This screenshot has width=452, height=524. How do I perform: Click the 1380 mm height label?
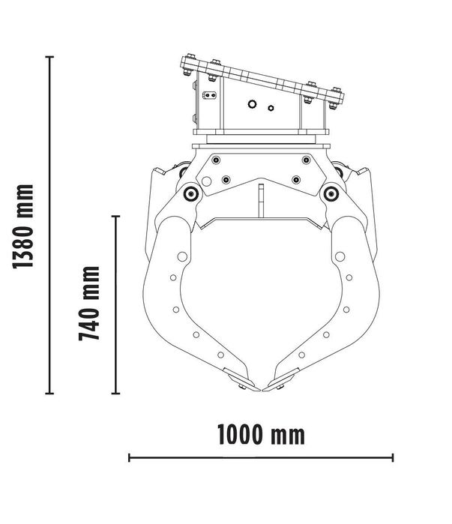coord(25,226)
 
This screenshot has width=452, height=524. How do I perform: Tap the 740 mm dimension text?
coord(90,303)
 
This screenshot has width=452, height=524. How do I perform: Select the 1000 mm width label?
coord(261,433)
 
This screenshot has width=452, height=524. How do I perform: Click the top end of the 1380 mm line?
coord(50,57)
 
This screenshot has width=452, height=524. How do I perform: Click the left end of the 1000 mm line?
coord(130,457)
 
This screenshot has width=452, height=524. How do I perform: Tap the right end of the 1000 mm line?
coord(393,457)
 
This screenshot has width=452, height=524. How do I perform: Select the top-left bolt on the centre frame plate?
coord(216,159)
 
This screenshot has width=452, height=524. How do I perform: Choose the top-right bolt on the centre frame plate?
coord(305,159)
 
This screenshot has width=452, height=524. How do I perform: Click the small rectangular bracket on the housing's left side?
coord(210,96)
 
